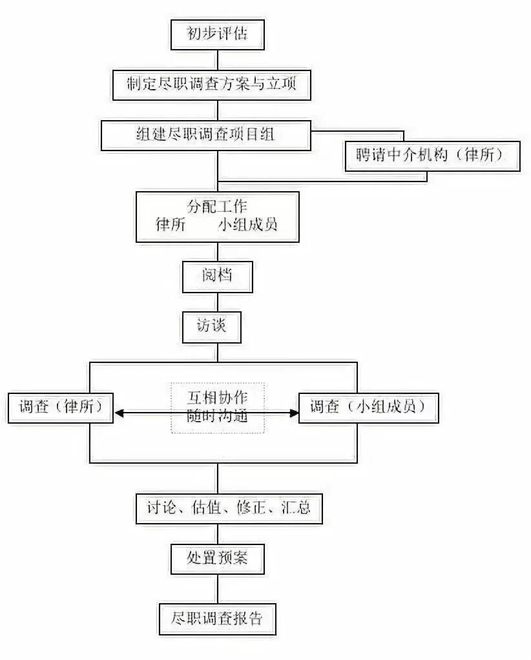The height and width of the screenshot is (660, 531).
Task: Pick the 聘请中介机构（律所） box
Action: [432, 156]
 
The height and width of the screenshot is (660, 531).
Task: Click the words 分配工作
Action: [217, 208]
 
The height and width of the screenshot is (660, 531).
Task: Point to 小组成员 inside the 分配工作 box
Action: [247, 225]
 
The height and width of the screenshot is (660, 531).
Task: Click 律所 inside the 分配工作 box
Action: [171, 225]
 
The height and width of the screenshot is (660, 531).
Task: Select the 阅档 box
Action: [217, 276]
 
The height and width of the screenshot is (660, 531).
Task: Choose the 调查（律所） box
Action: [59, 408]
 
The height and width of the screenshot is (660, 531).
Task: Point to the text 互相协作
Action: [217, 396]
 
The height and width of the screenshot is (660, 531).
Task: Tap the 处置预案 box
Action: [217, 557]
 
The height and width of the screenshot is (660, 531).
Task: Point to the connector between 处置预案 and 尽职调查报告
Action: [217, 587]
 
